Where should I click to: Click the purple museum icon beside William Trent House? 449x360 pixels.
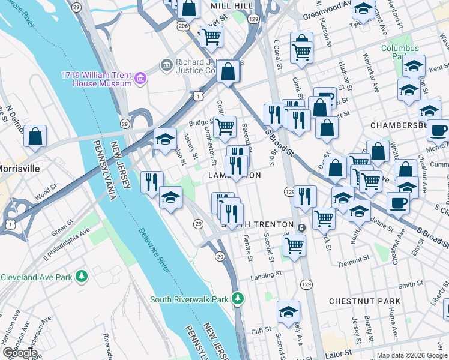[140, 78]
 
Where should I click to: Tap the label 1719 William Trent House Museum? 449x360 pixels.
[96, 79]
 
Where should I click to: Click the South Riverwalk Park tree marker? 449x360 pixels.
[238, 298]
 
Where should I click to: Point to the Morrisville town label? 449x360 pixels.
[20, 169]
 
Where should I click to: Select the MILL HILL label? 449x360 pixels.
[232, 5]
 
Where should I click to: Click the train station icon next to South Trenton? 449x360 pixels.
[301, 227]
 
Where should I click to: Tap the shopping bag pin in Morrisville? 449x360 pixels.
[35, 136]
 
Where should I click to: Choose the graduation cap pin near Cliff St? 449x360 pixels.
[288, 312]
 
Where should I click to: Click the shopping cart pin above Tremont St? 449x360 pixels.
[294, 244]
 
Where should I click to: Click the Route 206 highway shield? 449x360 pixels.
[182, 26]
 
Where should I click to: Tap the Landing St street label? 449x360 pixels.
[266, 274]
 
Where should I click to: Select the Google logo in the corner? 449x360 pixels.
[19, 353]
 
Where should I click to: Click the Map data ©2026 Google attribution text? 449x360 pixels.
[411, 355]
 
